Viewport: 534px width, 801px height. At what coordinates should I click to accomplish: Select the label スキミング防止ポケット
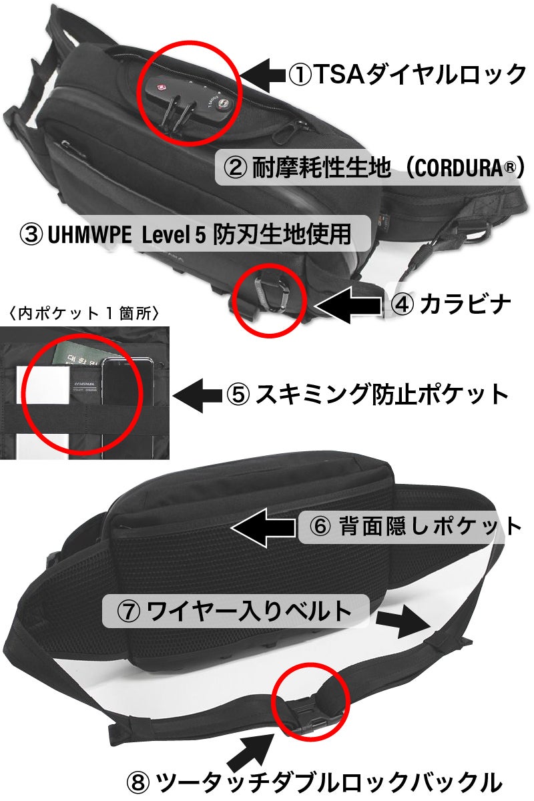click(382, 394)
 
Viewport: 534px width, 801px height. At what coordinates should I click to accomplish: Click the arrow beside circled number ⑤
click(198, 394)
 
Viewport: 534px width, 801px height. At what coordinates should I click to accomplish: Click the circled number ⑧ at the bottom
click(138, 782)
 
